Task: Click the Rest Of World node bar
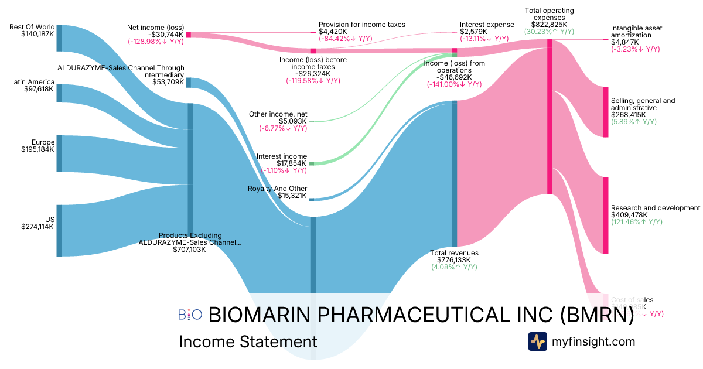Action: pos(59,39)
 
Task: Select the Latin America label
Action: pos(32,82)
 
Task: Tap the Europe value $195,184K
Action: pos(37,149)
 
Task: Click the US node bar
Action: pos(59,230)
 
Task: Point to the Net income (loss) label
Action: pos(155,27)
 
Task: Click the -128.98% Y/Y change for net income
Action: pos(155,42)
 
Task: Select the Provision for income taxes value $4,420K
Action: pos(333,32)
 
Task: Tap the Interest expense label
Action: pos(487,25)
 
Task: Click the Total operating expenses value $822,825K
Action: pos(549,25)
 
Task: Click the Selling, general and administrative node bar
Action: pos(606,112)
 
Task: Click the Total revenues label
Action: pos(455,253)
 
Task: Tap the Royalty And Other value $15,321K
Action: pos(292,195)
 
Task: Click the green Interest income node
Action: pos(312,163)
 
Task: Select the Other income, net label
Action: pos(278,114)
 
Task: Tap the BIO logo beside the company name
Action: pos(190,315)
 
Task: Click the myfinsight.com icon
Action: pos(537,341)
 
